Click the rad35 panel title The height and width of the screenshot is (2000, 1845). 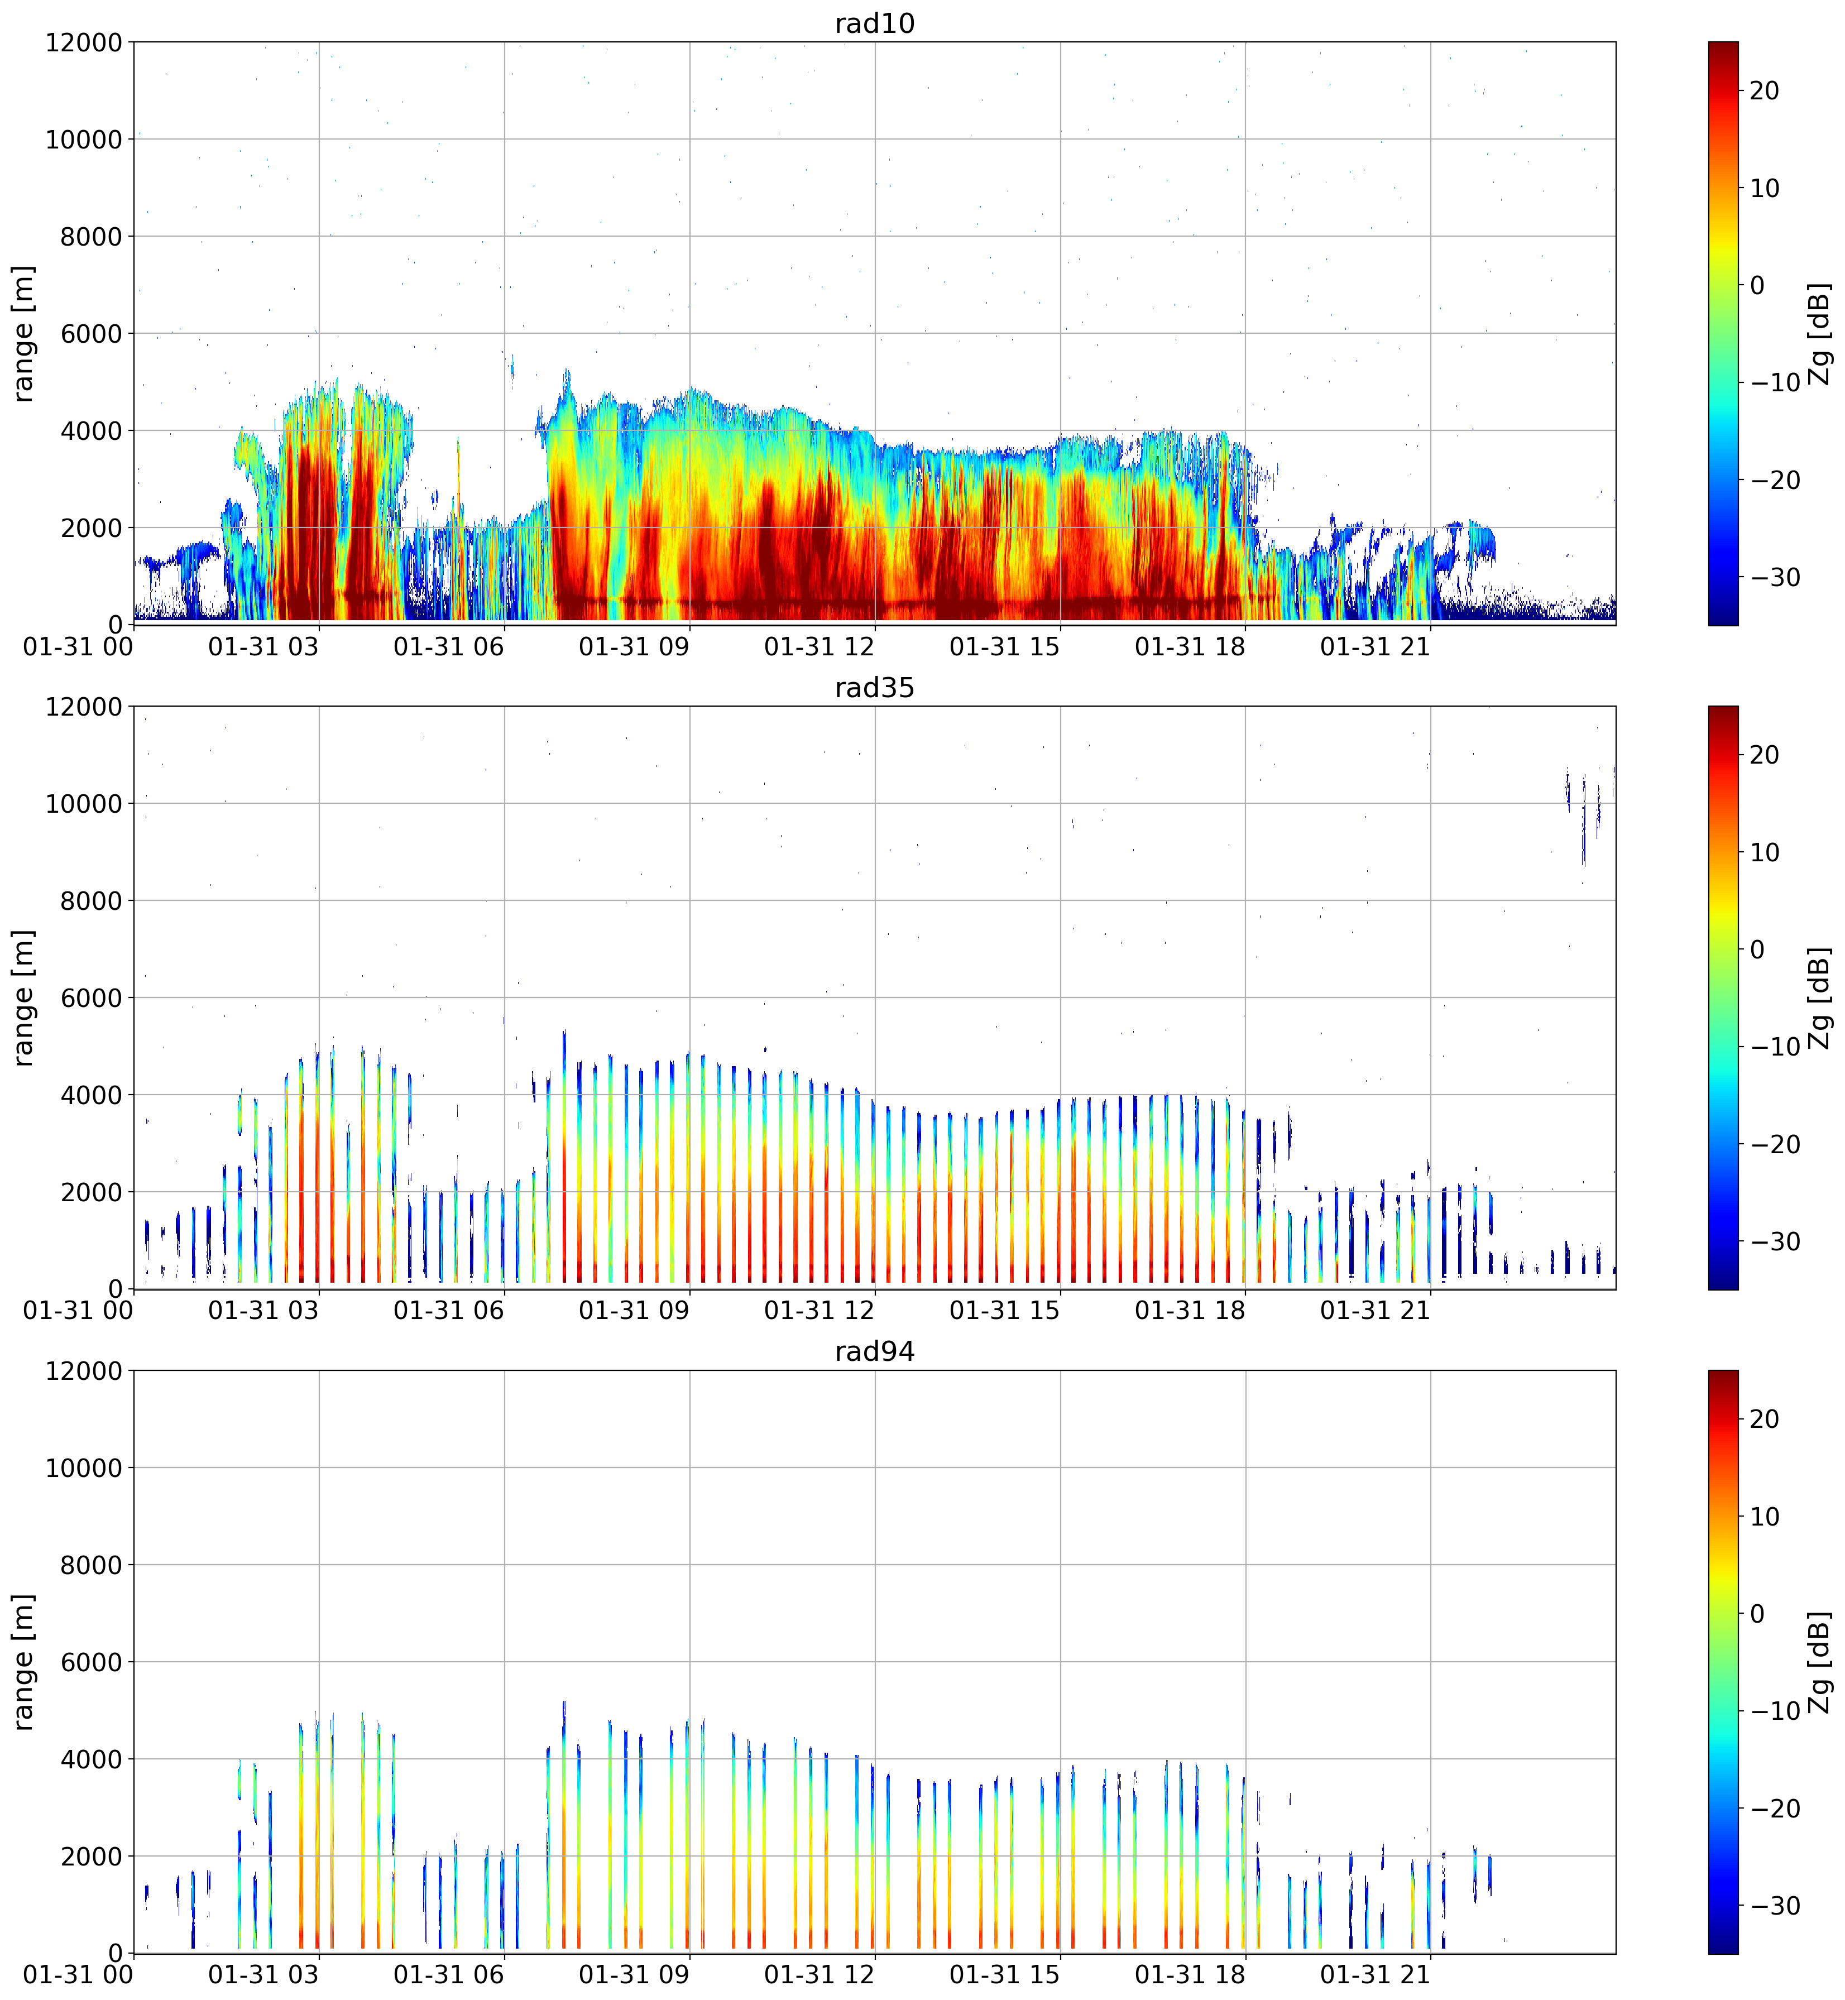[875, 687]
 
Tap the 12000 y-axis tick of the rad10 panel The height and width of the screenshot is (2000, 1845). [84, 43]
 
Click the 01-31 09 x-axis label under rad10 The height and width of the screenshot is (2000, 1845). [634, 647]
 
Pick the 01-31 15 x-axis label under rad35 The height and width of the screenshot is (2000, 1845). [1004, 1311]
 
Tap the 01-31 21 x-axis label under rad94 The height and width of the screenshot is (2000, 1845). [1376, 1975]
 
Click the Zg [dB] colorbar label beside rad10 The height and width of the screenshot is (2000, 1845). [1820, 333]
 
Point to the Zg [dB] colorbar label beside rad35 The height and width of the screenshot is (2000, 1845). [1820, 997]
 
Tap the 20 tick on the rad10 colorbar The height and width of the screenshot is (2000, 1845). [1765, 91]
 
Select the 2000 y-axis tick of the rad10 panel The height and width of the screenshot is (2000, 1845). [92, 528]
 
